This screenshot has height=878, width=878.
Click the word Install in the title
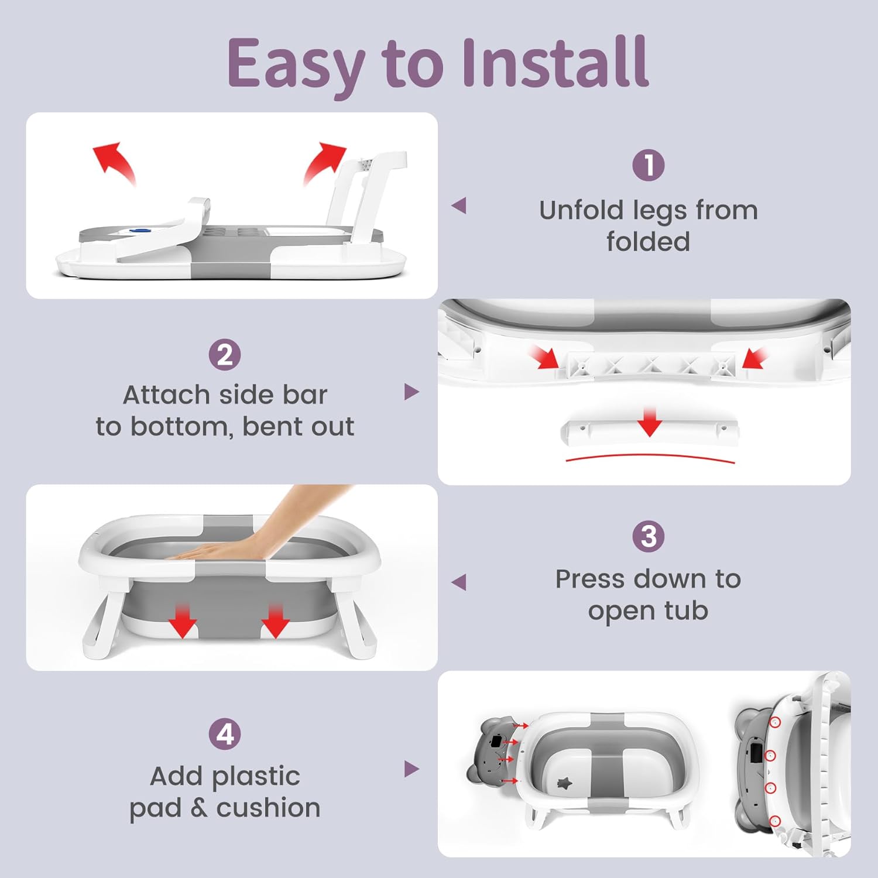click(x=555, y=61)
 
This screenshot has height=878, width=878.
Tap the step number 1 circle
click(x=649, y=165)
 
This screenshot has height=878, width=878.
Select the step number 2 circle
click(x=225, y=355)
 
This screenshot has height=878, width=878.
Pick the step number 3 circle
click(x=649, y=536)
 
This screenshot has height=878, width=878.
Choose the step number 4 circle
click(x=225, y=734)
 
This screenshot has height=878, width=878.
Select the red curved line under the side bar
click(x=650, y=458)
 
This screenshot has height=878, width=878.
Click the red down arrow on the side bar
click(x=650, y=423)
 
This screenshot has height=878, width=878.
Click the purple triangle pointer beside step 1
click(x=459, y=205)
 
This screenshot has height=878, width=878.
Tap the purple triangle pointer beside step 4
click(x=412, y=769)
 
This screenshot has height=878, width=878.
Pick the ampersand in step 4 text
click(x=199, y=808)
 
